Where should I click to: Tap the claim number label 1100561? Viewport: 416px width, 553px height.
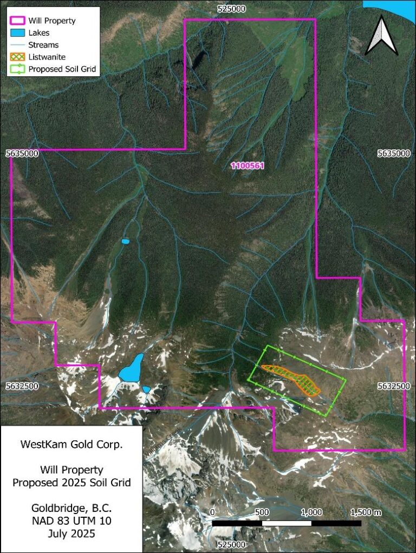(x=248, y=166)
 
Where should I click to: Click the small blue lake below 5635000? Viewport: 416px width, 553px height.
(x=126, y=241)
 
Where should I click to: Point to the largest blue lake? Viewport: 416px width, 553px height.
(x=131, y=368)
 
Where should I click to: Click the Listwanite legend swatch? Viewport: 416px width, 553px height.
(x=17, y=57)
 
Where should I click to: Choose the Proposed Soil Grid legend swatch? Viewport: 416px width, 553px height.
(x=17, y=69)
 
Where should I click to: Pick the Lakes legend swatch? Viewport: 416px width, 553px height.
(x=17, y=33)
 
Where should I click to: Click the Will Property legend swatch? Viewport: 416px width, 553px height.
(x=17, y=21)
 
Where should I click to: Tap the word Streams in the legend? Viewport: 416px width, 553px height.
(x=43, y=45)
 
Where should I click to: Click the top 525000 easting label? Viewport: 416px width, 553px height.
(x=231, y=9)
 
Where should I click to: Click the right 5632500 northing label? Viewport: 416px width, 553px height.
(x=394, y=386)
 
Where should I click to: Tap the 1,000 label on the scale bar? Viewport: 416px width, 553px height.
(x=311, y=512)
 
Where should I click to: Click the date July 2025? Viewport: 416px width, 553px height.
(x=71, y=534)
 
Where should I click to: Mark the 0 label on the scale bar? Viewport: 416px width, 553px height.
(x=212, y=512)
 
